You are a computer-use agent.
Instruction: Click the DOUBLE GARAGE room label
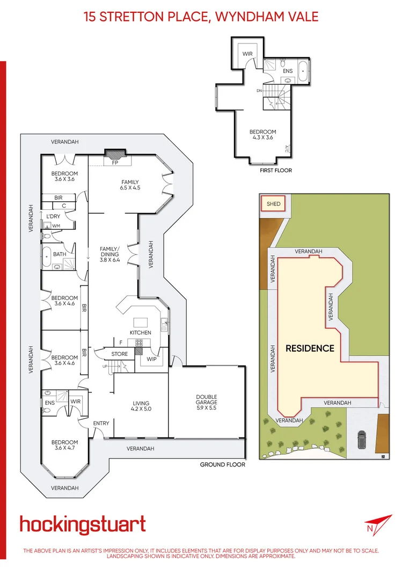click(207, 399)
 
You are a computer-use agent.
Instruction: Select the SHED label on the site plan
click(273, 204)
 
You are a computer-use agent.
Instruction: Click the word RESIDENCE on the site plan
click(310, 348)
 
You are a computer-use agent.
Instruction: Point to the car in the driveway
click(361, 440)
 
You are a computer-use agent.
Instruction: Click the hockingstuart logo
click(83, 524)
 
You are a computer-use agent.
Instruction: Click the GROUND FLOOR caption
click(222, 464)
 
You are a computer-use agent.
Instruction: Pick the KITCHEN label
click(140, 333)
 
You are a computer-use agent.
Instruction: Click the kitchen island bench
click(141, 322)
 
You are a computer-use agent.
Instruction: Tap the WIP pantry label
click(151, 359)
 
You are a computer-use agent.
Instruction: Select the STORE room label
click(119, 354)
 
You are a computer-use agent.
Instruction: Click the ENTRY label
click(101, 424)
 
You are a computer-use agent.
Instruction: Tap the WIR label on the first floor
click(247, 54)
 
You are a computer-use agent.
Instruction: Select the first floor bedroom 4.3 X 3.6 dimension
click(262, 138)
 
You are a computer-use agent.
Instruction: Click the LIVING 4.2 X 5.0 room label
click(141, 406)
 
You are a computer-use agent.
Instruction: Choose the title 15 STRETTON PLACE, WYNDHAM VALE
click(201, 16)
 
